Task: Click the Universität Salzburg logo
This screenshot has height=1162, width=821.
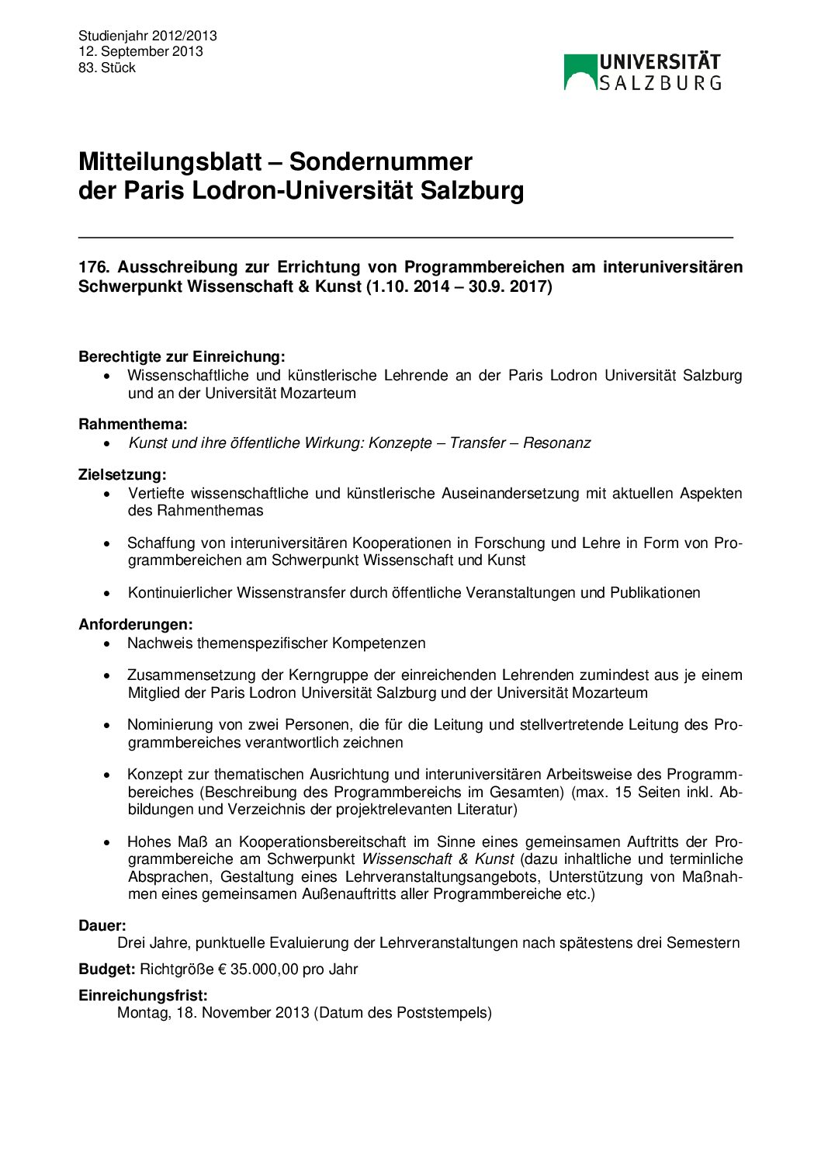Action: point(643,72)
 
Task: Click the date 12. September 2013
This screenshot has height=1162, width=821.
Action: point(140,51)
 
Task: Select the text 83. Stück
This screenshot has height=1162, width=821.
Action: point(107,68)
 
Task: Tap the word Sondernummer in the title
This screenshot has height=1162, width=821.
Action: point(380,161)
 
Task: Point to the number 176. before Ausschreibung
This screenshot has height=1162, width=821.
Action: point(94,267)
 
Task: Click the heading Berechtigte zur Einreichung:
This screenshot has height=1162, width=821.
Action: point(182,357)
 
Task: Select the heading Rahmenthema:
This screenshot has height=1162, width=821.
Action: point(133,425)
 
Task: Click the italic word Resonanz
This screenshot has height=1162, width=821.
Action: point(556,443)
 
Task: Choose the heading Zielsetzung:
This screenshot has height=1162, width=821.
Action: point(123,474)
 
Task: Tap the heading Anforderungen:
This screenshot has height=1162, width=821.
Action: point(136,624)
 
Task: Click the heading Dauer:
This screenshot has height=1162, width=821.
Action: point(102,926)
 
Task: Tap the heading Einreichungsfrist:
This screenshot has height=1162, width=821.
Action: point(143,996)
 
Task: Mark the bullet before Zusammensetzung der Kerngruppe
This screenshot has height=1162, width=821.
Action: point(107,675)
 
